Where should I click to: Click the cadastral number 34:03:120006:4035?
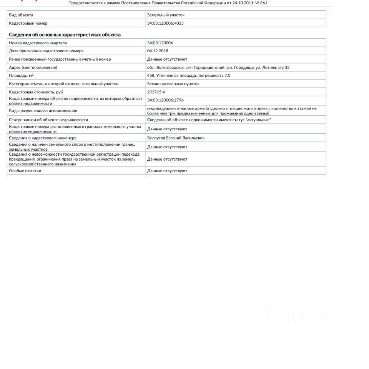pos(165,23)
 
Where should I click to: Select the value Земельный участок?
pos(166,15)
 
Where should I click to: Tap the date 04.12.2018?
pos(158,51)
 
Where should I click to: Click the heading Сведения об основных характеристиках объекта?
pos(65,35)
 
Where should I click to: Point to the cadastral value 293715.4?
pos(156,92)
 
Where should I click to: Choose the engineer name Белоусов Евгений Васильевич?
pos(176,138)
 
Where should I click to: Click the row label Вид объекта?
pos(21,15)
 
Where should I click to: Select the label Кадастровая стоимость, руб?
pos(36,92)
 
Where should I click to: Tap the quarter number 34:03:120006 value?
pos(160,43)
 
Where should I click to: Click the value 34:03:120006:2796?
pos(165,100)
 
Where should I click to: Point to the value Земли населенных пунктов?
pos(173,83)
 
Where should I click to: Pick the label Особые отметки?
pos(25,171)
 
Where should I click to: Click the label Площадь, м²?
pos(21,75)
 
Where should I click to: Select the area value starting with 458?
pos(188,75)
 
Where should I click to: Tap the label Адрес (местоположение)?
pos(33,67)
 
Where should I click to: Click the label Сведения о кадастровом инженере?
pos(43,138)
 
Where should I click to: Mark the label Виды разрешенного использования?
pos(43,111)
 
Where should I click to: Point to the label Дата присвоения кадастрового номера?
pos(46,51)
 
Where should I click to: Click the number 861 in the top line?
pos(263,3)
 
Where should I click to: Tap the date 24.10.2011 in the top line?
pos(243,3)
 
